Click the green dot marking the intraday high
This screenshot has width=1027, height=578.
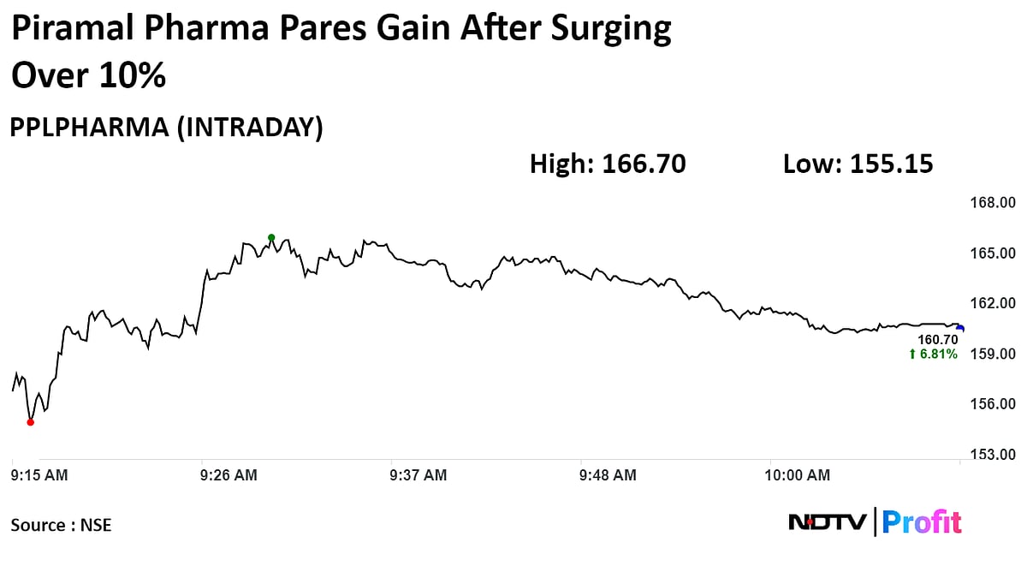(271, 237)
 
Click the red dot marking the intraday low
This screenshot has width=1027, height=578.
(31, 421)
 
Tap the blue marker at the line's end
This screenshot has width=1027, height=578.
(960, 328)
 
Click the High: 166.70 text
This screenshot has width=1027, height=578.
(608, 164)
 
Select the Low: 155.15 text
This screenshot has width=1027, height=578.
(858, 164)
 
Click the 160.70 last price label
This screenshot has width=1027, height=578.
(937, 340)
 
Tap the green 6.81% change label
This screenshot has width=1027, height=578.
(933, 355)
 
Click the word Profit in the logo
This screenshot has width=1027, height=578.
(922, 521)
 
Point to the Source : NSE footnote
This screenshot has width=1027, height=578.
(61, 525)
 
